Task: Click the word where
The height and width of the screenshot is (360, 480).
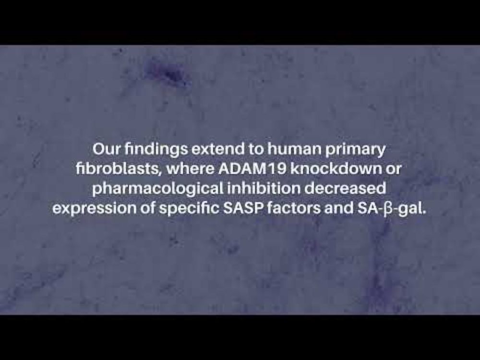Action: (191, 169)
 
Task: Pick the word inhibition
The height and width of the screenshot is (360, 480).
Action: (264, 189)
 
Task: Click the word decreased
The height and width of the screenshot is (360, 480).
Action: (345, 189)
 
